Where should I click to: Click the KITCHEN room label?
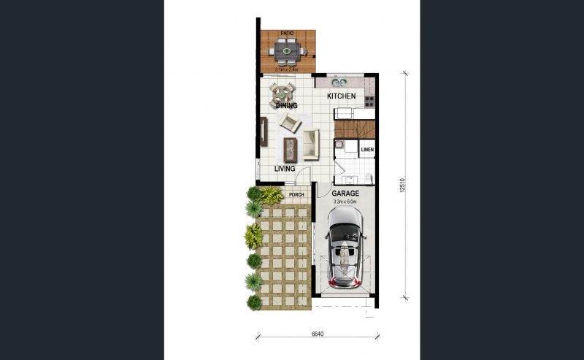coord(341,96)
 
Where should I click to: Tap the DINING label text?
coord(286,105)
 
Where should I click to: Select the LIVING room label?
coord(285,169)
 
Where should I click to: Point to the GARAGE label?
coord(345,194)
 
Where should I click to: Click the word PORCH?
coord(296,194)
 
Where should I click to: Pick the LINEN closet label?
coord(367,150)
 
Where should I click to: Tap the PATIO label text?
coord(287,34)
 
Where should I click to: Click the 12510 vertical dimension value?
coord(402,185)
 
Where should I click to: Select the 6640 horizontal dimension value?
coord(318,334)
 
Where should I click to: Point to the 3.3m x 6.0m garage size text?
coord(345,202)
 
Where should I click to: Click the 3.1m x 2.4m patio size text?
coord(286,69)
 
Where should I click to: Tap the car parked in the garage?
coord(345,247)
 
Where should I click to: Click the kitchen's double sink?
coord(339,83)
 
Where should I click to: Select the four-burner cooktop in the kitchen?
coord(369,101)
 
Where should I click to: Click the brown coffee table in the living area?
coord(291,150)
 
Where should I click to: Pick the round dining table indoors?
coord(282,96)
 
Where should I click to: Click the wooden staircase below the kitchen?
coord(355,129)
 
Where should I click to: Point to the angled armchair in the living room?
coord(290,123)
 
